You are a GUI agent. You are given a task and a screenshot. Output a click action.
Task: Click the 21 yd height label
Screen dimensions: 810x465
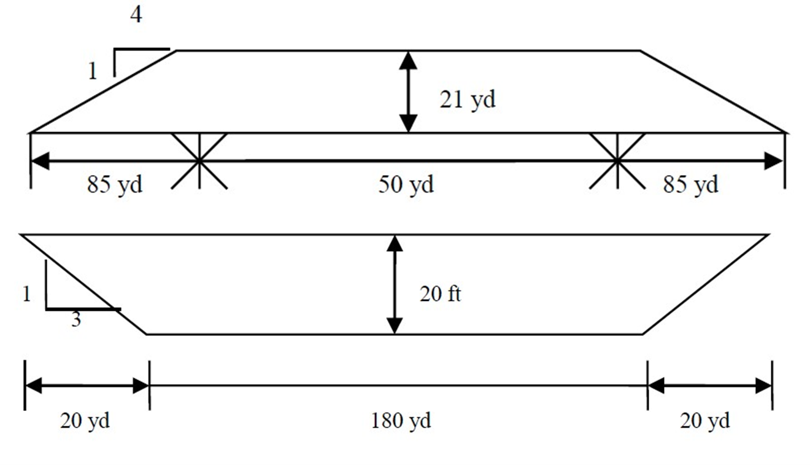point(467,100)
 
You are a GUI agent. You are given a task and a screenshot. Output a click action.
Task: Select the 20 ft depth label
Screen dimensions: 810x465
point(440,294)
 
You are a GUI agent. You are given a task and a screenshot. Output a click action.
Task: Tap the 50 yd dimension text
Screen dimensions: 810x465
point(406,184)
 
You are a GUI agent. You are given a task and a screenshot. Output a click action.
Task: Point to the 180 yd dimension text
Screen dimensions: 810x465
point(401,421)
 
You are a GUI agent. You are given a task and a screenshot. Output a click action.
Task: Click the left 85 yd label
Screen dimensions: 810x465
point(115,184)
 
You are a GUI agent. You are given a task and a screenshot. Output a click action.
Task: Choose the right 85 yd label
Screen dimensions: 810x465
point(690,184)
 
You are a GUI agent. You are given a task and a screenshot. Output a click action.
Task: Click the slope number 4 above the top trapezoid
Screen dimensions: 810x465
point(136,16)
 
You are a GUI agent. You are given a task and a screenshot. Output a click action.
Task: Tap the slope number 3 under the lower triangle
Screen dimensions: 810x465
point(76,320)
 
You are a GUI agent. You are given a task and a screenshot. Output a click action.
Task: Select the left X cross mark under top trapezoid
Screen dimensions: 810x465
point(199,161)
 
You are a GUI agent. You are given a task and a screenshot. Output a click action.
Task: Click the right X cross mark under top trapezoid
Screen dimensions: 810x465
point(617,161)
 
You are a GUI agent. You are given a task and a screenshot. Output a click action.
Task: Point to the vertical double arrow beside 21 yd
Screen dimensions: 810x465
point(408,92)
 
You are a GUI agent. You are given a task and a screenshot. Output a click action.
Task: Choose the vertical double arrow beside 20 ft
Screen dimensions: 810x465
point(395,284)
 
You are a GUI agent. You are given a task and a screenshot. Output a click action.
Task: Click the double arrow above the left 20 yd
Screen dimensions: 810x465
point(87,386)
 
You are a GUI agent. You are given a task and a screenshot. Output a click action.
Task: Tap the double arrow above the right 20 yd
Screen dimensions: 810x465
point(710,386)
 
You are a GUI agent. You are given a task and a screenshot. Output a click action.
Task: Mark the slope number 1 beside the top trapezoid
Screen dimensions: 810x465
point(93,73)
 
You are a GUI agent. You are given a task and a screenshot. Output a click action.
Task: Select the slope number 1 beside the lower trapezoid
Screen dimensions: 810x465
point(26,295)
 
